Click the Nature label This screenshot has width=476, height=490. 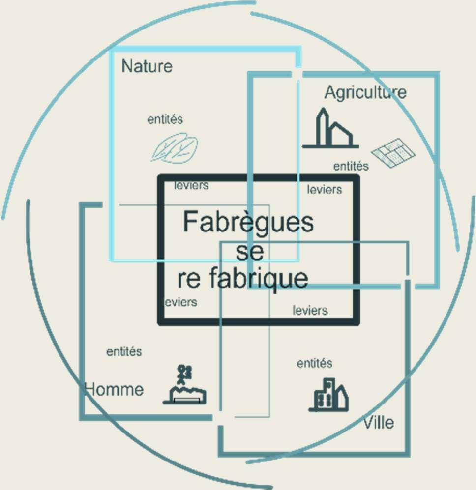[147, 66]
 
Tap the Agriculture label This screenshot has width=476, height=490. [365, 92]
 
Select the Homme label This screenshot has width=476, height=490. [115, 390]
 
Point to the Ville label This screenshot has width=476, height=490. [379, 423]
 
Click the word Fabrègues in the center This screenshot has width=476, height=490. [248, 222]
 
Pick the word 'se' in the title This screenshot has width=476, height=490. [250, 251]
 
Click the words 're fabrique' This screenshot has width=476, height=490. [243, 279]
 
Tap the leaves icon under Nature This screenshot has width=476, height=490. [174, 148]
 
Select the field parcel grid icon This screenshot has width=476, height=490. [393, 153]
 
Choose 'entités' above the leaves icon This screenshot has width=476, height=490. [165, 119]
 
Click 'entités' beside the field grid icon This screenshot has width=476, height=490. [351, 166]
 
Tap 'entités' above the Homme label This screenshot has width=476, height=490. [124, 352]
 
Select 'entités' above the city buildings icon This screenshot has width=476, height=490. [314, 364]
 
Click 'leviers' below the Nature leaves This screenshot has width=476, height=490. [191, 186]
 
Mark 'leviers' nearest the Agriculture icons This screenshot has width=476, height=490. [325, 189]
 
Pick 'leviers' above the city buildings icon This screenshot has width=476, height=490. [310, 311]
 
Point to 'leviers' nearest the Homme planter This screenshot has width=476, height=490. [180, 302]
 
